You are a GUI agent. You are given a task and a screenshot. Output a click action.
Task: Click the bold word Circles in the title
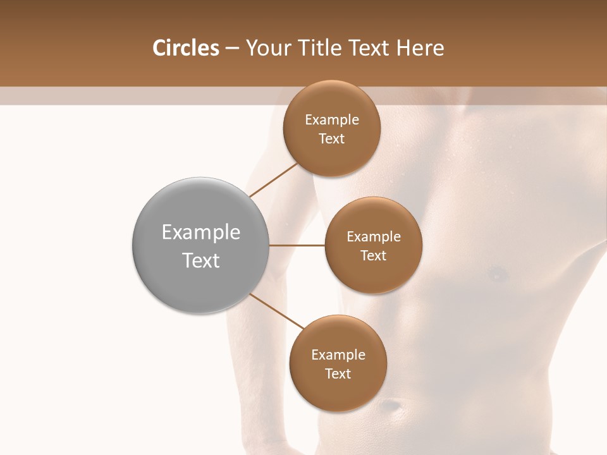tap(185, 48)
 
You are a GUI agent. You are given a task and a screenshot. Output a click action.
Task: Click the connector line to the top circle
tap(273, 179)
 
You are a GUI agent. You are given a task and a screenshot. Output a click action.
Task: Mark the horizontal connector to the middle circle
tap(297, 245)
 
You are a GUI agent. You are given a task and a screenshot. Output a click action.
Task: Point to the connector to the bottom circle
tap(276, 311)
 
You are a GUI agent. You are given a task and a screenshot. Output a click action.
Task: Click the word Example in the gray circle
tap(201, 233)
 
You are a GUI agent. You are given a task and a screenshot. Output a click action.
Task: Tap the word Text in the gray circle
tap(201, 260)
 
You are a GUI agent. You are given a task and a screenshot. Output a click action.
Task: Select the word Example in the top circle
tap(332, 120)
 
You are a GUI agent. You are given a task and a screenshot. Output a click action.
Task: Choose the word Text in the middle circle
tap(373, 255)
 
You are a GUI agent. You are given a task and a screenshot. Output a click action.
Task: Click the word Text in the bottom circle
tap(338, 373)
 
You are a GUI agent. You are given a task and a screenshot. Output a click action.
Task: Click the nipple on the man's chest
tap(498, 274)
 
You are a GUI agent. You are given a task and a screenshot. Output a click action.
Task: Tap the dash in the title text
tap(231, 49)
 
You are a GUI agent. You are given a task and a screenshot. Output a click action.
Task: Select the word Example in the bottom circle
tap(338, 355)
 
